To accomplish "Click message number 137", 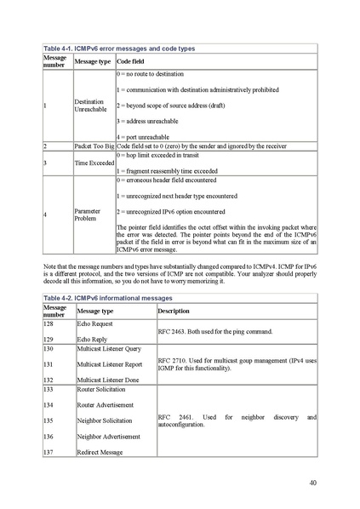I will click(49, 451).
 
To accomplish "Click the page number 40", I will click(313, 483).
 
